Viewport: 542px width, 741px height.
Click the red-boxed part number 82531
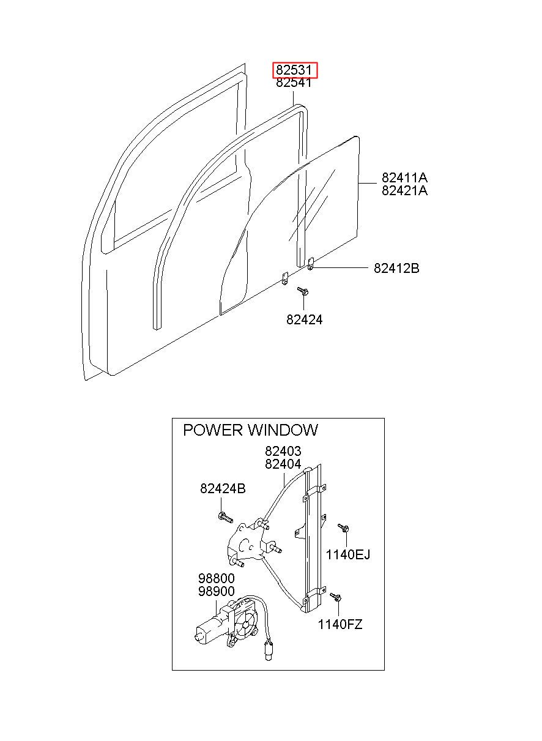click(294, 70)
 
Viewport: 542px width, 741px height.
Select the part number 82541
click(294, 83)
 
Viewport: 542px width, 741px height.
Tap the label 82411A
click(404, 178)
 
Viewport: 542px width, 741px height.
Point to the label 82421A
click(404, 190)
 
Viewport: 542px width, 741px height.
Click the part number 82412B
click(396, 268)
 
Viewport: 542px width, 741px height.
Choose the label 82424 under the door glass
click(304, 319)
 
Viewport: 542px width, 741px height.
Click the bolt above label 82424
click(303, 291)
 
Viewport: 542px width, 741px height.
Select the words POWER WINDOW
click(250, 430)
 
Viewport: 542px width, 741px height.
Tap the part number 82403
click(283, 451)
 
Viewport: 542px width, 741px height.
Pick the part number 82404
click(283, 464)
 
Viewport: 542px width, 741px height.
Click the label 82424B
click(223, 488)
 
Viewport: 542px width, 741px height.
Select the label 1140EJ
click(348, 554)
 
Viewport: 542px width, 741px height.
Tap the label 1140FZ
click(340, 625)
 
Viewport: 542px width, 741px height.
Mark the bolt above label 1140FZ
click(335, 597)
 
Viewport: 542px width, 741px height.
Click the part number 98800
click(217, 578)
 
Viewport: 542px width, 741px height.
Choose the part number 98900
click(217, 591)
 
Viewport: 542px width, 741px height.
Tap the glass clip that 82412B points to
click(311, 264)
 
